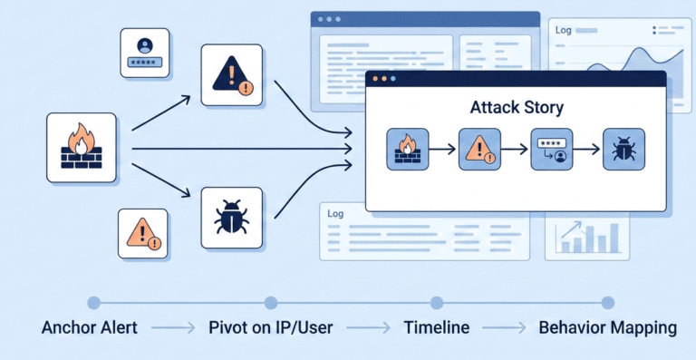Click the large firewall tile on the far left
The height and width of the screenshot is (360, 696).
pos(82,148)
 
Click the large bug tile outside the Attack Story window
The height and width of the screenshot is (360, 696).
pos(231,219)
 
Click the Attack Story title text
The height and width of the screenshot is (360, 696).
pos(516,108)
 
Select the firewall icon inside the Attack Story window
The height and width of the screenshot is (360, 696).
pos(408,150)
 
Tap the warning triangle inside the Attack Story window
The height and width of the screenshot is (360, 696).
pos(479,150)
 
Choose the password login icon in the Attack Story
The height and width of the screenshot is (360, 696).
pos(552,150)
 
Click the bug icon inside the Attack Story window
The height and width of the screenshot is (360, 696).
pos(624,150)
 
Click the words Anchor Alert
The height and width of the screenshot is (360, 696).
pos(90,327)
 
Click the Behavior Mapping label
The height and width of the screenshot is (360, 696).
pos(607,327)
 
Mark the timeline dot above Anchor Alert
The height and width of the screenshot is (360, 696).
pos(92,303)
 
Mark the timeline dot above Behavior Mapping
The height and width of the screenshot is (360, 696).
pos(607,303)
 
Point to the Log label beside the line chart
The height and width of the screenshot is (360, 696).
pos(563,31)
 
